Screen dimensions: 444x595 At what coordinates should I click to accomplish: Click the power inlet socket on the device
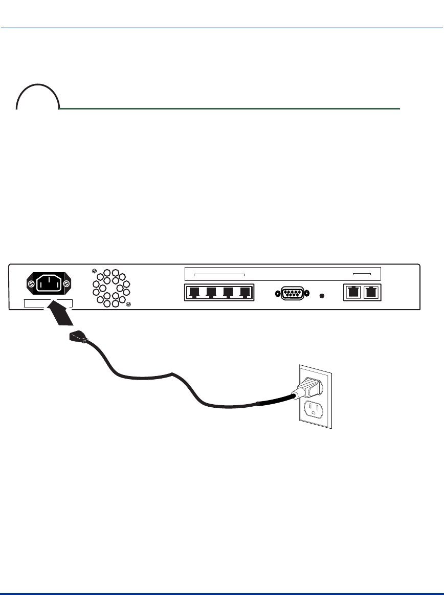(x=49, y=282)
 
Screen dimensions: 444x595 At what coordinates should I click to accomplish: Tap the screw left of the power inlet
(x=31, y=283)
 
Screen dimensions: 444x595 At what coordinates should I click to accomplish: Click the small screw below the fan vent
(x=128, y=305)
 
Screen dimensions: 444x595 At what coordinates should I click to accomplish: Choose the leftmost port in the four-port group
(x=194, y=293)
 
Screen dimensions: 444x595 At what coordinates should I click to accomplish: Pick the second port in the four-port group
(x=211, y=293)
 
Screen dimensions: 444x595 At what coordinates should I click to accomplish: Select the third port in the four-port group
(x=228, y=293)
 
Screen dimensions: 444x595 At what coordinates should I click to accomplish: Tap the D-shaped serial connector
(x=292, y=294)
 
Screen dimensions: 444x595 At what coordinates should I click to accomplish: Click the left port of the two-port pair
(x=353, y=293)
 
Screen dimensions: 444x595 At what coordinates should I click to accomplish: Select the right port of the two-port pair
(x=369, y=293)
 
